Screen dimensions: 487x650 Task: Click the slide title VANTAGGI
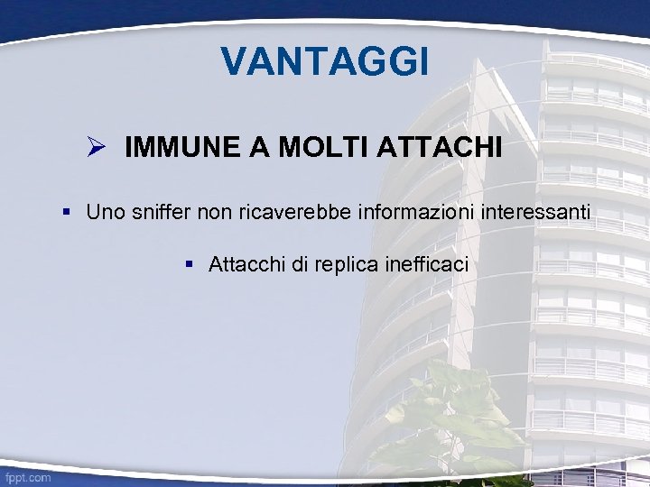pos(325,61)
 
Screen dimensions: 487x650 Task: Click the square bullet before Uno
pos(67,212)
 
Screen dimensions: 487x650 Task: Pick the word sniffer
pos(160,212)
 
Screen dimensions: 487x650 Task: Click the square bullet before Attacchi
pos(190,264)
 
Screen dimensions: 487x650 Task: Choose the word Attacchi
pos(243,264)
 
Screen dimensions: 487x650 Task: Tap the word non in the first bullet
pos(214,212)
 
